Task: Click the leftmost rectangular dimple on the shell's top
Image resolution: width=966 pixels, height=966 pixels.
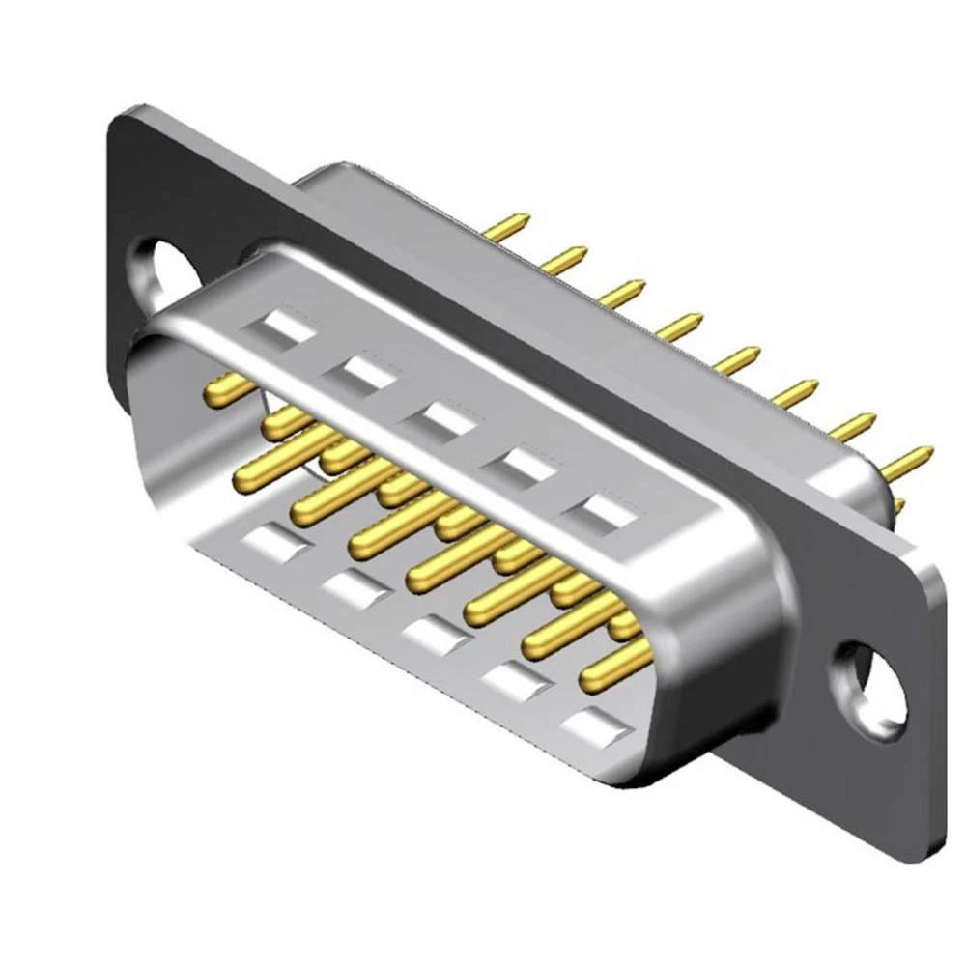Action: [x=280, y=327]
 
